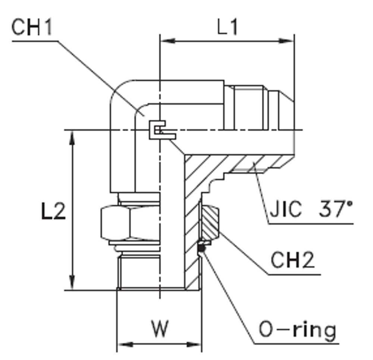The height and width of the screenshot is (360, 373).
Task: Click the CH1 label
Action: click(x=32, y=28)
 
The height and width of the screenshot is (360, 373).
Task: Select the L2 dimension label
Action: click(x=53, y=212)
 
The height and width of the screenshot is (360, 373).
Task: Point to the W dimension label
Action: click(x=160, y=328)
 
